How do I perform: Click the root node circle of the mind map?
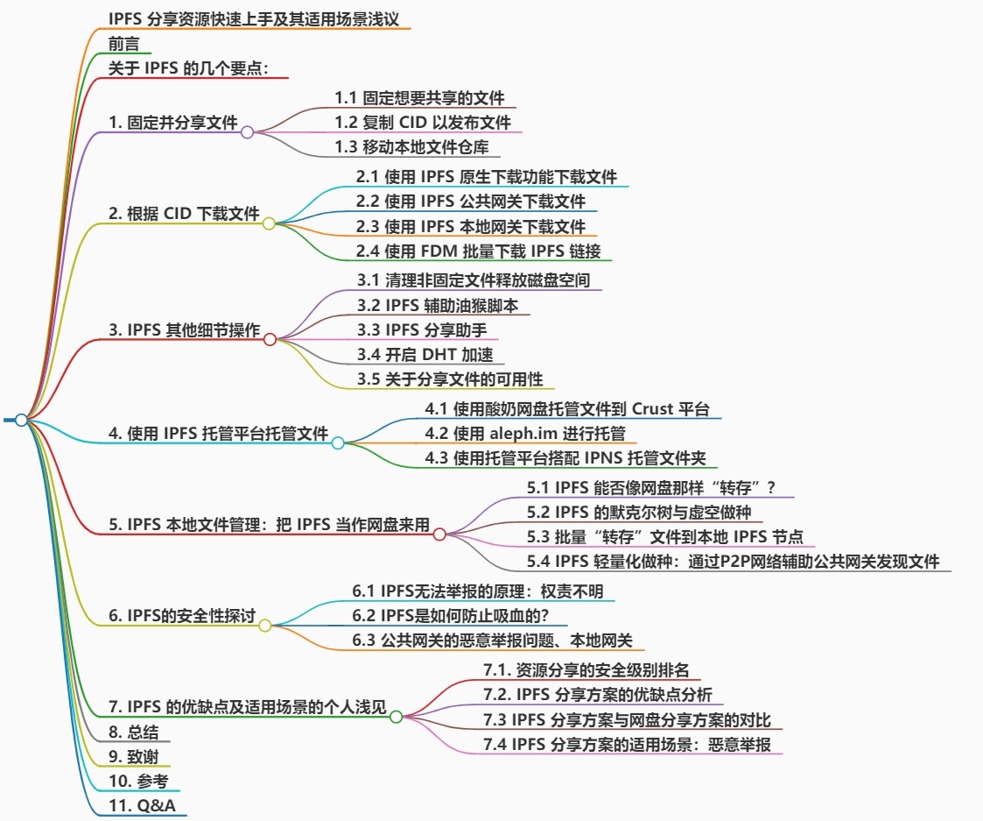[x=21, y=421]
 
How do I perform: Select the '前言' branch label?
[x=123, y=44]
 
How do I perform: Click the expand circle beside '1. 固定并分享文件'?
[x=247, y=132]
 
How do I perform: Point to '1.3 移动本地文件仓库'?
[x=411, y=146]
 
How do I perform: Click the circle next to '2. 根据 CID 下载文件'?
[x=269, y=223]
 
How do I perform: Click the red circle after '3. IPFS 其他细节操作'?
[x=270, y=339]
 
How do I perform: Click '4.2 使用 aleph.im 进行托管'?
[x=525, y=433]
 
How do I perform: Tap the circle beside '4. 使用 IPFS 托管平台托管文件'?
[x=338, y=443]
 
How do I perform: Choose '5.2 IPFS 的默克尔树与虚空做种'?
[x=639, y=512]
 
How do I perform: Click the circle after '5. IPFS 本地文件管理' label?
[x=439, y=534]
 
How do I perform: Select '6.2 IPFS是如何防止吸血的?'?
[x=449, y=616]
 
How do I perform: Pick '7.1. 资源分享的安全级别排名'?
[x=586, y=670]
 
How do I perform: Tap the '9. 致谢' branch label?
[x=134, y=756]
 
